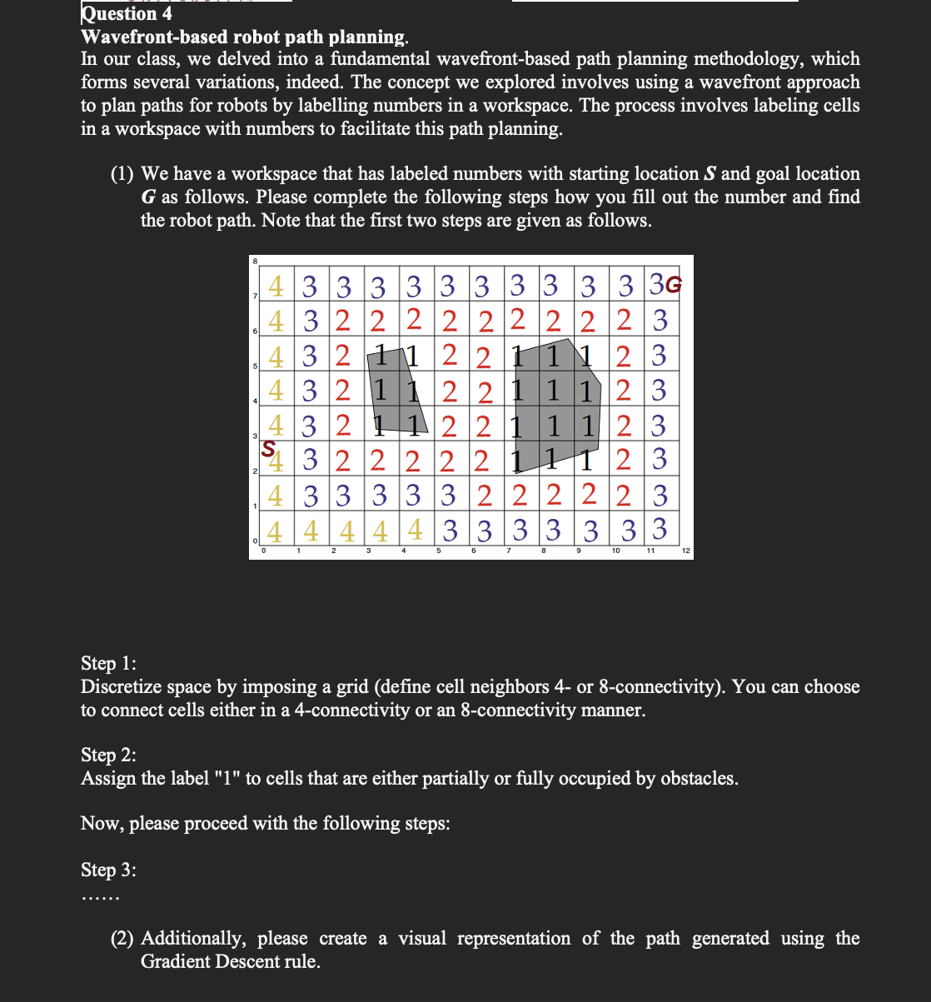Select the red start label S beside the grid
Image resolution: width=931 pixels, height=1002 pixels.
(267, 447)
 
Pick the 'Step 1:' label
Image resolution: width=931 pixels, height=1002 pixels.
(108, 663)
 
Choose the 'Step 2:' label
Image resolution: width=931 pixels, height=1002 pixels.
(108, 755)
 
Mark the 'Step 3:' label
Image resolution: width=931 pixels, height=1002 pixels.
(108, 870)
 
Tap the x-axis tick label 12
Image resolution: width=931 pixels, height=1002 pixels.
(686, 551)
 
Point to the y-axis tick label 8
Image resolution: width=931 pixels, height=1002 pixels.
(255, 261)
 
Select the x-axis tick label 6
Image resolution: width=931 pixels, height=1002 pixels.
(474, 551)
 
